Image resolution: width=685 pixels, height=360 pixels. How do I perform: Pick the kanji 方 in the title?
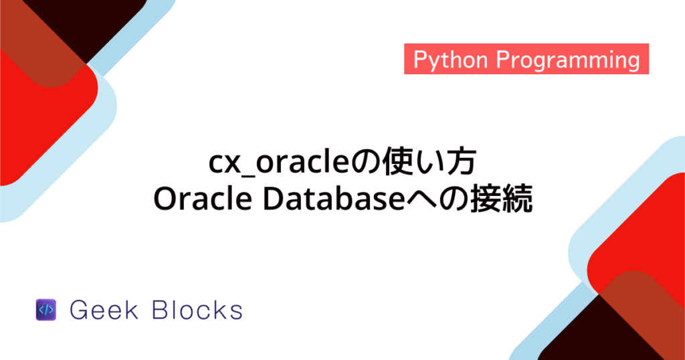point(461,163)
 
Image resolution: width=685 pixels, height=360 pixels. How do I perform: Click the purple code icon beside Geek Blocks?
point(45,310)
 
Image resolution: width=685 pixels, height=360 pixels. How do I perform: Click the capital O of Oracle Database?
point(165,199)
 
